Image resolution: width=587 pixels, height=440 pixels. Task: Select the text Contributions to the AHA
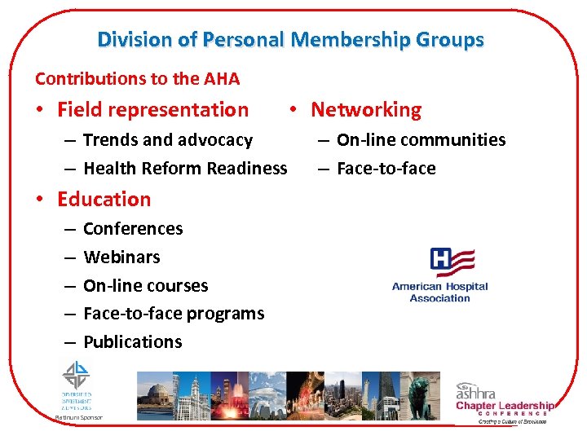(x=137, y=79)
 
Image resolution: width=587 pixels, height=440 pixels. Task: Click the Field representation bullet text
(x=152, y=109)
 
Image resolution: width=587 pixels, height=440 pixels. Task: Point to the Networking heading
(x=366, y=109)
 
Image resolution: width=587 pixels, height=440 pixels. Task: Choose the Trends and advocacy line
(x=168, y=140)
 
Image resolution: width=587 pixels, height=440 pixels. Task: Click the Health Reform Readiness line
(x=185, y=169)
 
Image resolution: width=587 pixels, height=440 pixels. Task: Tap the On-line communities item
(x=421, y=140)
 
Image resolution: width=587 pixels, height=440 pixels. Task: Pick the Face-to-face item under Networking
(x=386, y=169)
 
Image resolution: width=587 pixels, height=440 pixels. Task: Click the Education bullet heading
(x=104, y=199)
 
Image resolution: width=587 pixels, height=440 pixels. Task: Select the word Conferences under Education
(x=133, y=229)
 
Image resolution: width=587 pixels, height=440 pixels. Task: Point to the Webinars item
(x=121, y=257)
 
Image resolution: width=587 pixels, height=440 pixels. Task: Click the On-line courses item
(x=145, y=286)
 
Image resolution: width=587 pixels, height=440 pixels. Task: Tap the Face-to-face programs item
(x=174, y=314)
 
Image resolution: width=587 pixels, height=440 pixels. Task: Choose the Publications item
(x=132, y=342)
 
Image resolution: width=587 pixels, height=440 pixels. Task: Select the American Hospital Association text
(x=439, y=293)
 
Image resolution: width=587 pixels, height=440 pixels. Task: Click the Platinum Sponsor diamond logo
(x=77, y=376)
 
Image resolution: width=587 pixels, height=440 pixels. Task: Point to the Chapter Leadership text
(x=505, y=406)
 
